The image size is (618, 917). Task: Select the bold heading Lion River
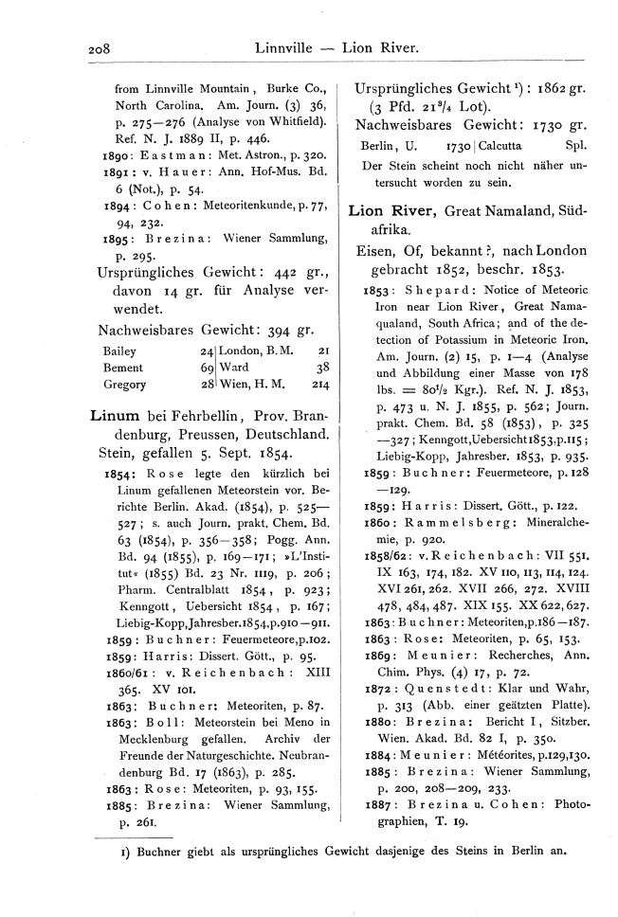390,210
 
